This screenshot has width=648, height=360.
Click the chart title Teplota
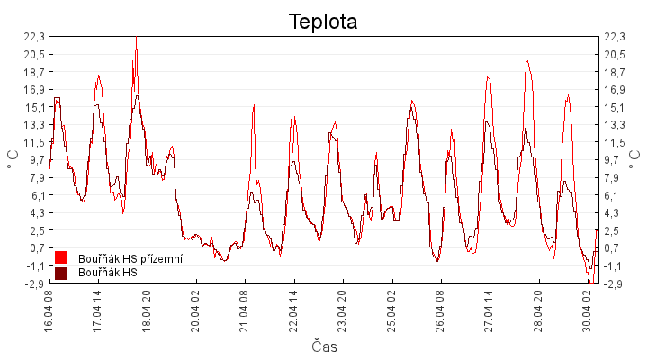(x=323, y=22)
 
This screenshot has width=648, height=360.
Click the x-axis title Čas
(x=324, y=346)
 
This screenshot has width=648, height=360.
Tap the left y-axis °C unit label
(x=13, y=159)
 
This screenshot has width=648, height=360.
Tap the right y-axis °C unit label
(x=635, y=159)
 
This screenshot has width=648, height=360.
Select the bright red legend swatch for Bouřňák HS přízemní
(x=61, y=258)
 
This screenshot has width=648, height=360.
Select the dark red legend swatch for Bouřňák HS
(x=61, y=273)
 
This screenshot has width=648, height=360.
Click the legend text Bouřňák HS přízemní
(x=130, y=259)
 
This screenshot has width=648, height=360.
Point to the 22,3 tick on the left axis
(x=34, y=37)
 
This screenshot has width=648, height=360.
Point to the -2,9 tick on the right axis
(x=616, y=283)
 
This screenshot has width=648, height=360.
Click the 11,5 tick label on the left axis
(x=34, y=142)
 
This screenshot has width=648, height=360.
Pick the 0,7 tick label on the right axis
(x=616, y=248)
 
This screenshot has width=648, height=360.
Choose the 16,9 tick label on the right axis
(x=616, y=90)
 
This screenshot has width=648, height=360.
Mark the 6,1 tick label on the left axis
(x=34, y=195)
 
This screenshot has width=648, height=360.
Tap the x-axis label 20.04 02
(x=194, y=310)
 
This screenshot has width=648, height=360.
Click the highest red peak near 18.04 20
(x=136, y=39)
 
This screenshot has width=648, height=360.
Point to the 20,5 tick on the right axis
(x=616, y=55)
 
